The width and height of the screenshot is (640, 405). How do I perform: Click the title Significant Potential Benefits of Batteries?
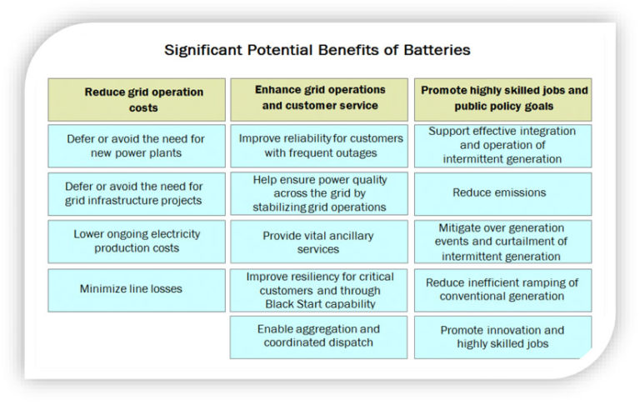317,50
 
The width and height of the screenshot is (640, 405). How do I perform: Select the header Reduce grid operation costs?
137,100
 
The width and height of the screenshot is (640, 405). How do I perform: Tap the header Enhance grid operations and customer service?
319,100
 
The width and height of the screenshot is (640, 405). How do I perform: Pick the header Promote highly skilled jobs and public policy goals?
502,100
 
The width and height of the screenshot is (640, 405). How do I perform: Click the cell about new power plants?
137,146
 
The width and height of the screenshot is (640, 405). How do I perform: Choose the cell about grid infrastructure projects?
137,194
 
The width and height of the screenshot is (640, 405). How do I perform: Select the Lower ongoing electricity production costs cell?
137,242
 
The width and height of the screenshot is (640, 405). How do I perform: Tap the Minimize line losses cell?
137,290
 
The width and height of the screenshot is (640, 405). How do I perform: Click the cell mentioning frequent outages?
319,146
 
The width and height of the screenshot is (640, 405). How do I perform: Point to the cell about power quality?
319,193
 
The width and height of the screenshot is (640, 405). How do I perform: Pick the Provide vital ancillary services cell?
319,242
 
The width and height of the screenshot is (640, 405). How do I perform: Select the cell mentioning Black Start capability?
319,290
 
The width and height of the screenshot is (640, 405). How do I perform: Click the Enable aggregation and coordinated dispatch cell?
319,337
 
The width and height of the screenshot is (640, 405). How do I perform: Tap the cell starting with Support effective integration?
502,146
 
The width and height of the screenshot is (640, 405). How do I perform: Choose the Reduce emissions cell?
502,194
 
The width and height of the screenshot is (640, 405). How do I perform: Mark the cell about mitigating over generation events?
502,242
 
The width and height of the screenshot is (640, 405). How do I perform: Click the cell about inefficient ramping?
502,290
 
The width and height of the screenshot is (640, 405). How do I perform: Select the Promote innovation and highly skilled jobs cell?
502,337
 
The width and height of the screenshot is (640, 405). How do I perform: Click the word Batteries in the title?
437,50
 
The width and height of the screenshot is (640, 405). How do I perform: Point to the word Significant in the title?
202,51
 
